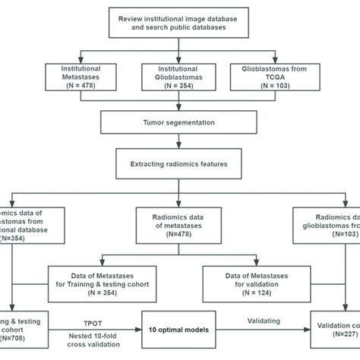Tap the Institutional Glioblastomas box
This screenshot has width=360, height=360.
point(179,77)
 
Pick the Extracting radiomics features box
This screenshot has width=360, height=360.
point(179,161)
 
